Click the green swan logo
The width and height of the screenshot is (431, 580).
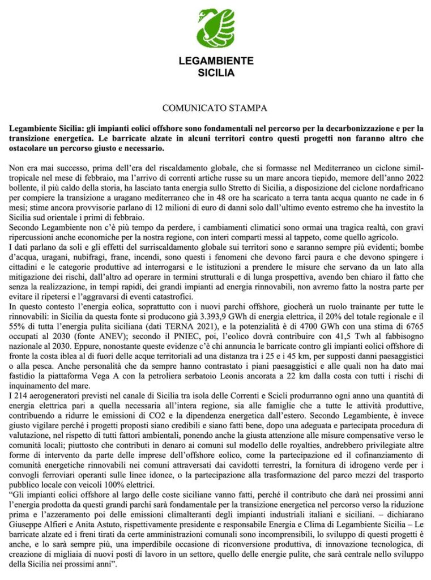(216, 28)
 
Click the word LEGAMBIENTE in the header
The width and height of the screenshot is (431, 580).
(216, 61)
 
